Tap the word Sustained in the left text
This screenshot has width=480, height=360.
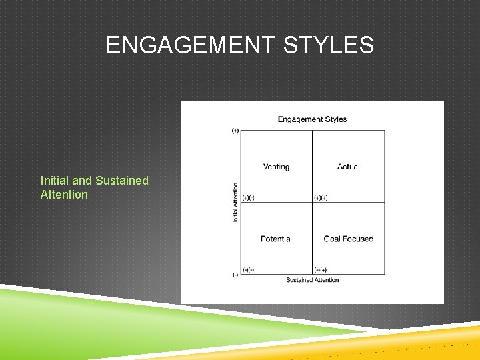tap(122, 181)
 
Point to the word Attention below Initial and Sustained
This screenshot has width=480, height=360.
tap(64, 195)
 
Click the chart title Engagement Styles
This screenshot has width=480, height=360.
tap(312, 119)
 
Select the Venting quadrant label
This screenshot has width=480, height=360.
tap(276, 167)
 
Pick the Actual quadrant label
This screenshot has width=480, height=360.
tap(348, 167)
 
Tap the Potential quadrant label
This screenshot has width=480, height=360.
tap(276, 239)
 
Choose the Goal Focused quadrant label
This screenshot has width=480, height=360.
tap(348, 239)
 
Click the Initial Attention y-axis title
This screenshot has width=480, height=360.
tap(235, 203)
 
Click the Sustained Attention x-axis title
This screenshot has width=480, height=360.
tap(312, 280)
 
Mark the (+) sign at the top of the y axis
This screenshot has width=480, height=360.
tap(235, 131)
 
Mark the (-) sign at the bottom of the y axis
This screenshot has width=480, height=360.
tap(235, 275)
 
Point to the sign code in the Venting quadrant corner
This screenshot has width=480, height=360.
tap(248, 197)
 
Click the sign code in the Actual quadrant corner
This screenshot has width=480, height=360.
tap(320, 197)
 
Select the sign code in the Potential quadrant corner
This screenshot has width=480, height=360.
tap(248, 270)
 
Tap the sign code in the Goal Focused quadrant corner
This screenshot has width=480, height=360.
tap(320, 270)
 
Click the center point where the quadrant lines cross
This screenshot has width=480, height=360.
tap(312, 203)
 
